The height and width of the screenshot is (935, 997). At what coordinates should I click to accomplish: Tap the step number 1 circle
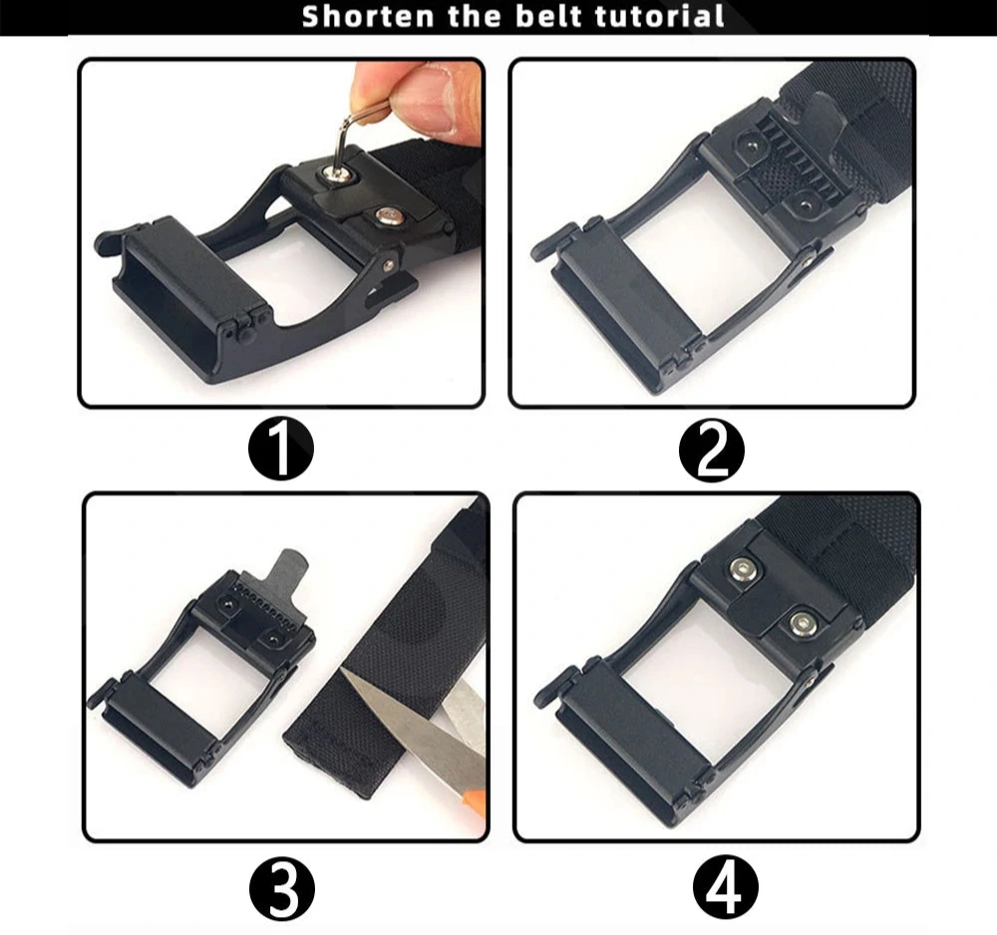280,450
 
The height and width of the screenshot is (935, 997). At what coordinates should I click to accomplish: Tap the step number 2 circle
712,451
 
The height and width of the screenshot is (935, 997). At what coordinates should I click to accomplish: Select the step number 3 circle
282,886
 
